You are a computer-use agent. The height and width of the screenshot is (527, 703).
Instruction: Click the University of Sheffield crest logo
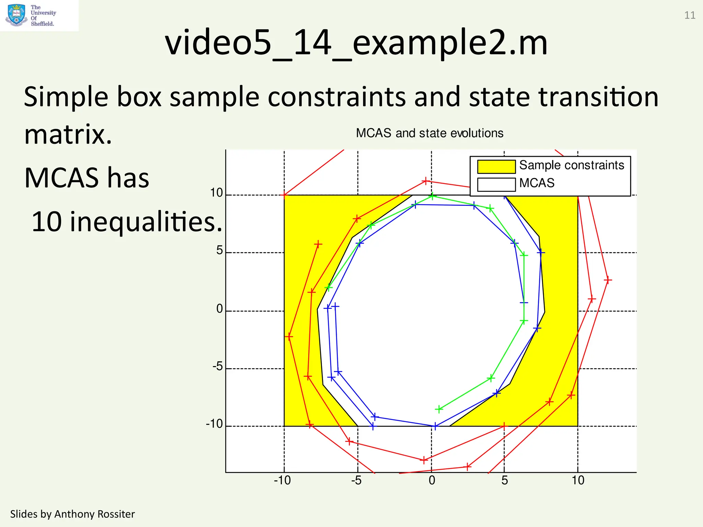[16, 15]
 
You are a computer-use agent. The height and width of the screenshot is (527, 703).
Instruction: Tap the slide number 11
[690, 15]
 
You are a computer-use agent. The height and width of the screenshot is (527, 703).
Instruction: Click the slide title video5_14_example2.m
[356, 43]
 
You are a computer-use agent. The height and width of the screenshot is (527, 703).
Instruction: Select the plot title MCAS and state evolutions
[429, 133]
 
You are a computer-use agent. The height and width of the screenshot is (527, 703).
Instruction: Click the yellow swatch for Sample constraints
[496, 167]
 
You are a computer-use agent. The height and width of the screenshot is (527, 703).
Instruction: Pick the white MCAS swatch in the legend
[496, 184]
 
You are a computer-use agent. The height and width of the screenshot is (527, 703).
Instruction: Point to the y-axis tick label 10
[217, 193]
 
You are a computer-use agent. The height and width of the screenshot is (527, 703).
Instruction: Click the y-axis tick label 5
[220, 250]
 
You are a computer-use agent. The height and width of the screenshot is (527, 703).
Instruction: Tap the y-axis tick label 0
[220, 309]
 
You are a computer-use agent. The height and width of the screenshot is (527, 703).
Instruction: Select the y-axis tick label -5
[218, 367]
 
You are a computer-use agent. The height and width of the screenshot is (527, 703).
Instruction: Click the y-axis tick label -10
[215, 424]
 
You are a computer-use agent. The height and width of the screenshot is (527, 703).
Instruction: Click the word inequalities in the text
[146, 222]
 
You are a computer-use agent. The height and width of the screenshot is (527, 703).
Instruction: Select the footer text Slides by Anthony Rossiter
[72, 514]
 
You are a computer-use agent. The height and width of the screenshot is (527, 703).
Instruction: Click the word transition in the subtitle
[598, 97]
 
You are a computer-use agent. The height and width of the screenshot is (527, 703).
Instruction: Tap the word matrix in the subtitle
[68, 134]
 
